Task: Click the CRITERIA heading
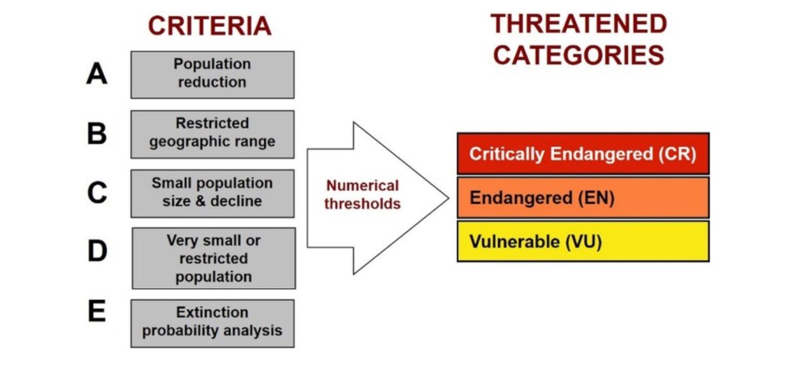209,25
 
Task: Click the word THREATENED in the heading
579,24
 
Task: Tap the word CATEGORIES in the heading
579,55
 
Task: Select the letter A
97,74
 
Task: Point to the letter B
97,133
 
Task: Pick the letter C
97,193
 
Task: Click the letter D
97,252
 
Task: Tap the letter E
97,313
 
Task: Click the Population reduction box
212,75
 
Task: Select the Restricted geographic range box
212,134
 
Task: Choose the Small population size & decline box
212,193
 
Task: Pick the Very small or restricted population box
213,258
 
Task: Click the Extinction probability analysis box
212,323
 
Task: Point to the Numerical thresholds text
362,195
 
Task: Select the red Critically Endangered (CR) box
583,153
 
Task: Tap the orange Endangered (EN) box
583,197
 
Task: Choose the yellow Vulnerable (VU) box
583,241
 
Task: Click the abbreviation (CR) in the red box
677,153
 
